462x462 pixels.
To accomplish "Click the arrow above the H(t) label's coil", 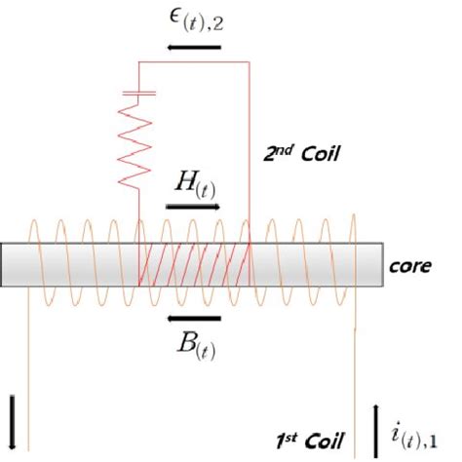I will (x=194, y=207).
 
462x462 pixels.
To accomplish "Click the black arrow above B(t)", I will (x=193, y=318).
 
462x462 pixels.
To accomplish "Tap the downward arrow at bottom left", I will (x=13, y=420).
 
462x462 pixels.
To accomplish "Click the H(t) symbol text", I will (x=194, y=182).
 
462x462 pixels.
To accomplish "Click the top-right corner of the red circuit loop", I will (x=250, y=60).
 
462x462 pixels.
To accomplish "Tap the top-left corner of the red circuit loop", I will (x=139, y=60).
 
